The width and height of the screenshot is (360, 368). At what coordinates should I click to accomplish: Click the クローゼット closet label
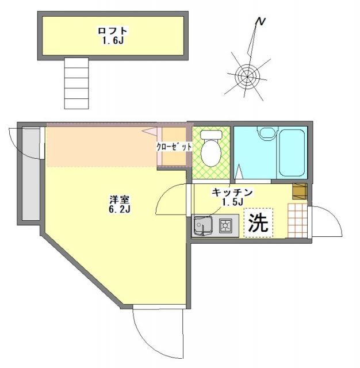pos(174,147)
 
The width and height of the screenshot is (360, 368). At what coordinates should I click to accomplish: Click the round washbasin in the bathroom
pos(266,133)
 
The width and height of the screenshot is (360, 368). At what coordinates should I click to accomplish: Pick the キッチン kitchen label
pos(232,192)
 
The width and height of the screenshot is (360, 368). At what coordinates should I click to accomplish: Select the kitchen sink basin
pos(203,225)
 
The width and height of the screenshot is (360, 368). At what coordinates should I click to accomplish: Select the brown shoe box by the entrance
pos(299,190)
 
